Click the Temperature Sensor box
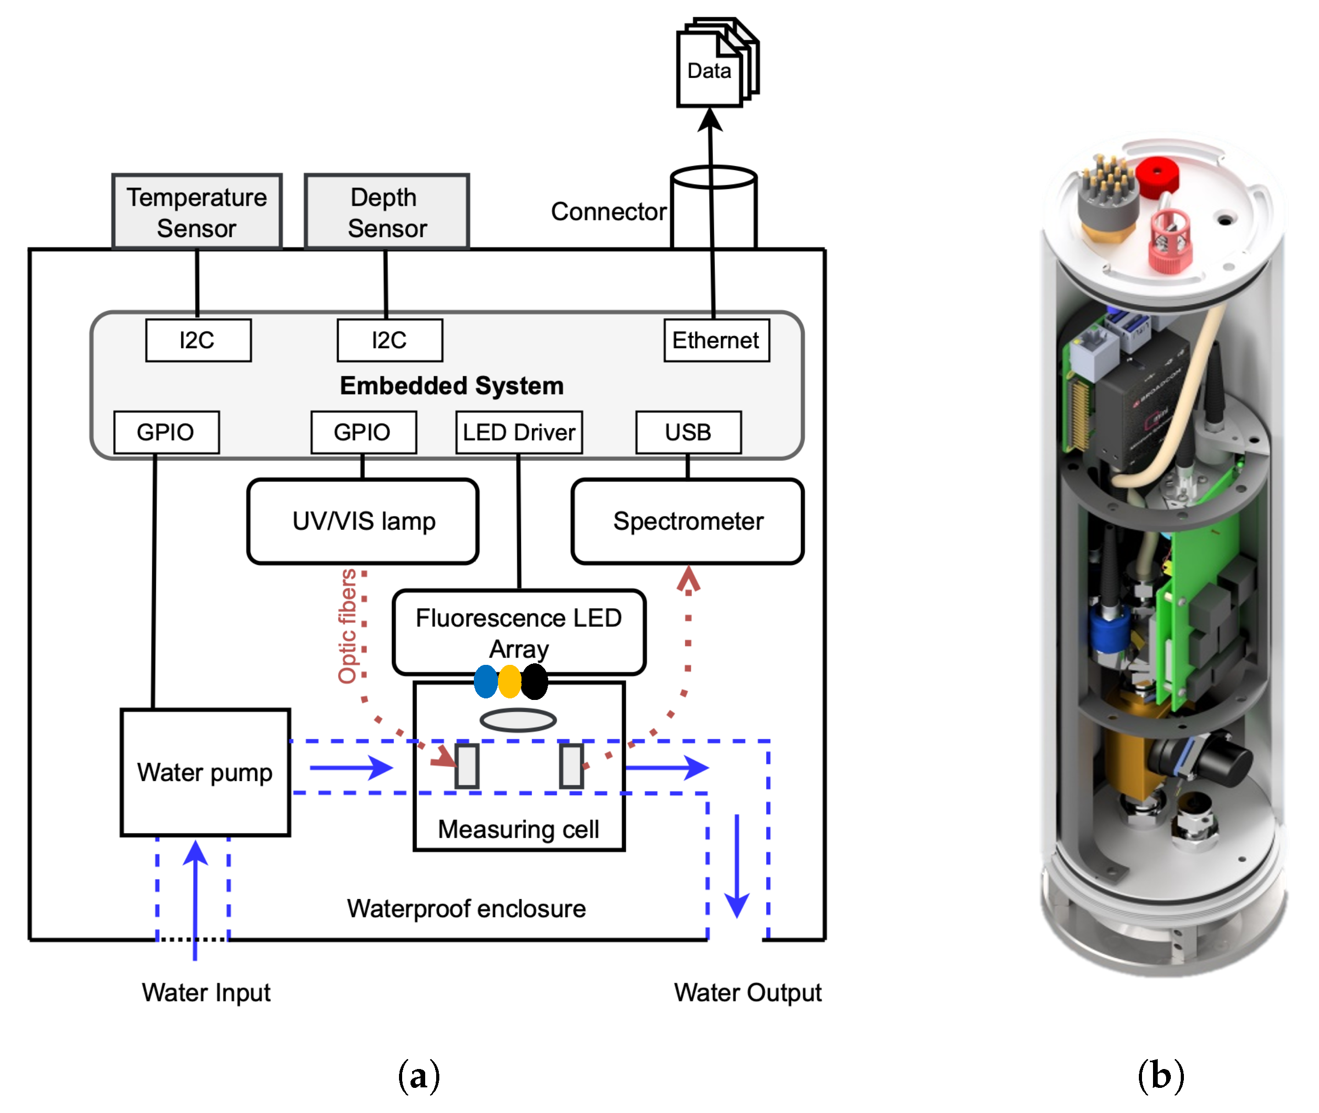pyautogui.click(x=196, y=212)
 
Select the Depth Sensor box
pyautogui.click(x=386, y=212)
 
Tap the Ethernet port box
pyautogui.click(x=716, y=340)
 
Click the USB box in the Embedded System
pyautogui.click(x=688, y=432)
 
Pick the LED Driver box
pyautogui.click(x=519, y=432)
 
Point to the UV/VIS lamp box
pyautogui.click(x=363, y=521)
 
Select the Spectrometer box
pyautogui.click(x=688, y=521)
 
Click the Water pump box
pyautogui.click(x=205, y=772)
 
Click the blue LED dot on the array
pyautogui.click(x=486, y=682)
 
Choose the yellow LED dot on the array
pyautogui.click(x=509, y=682)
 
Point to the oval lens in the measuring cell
pyautogui.click(x=518, y=720)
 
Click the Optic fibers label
pyautogui.click(x=348, y=626)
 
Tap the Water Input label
pyautogui.click(x=206, y=993)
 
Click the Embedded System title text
pyautogui.click(x=452, y=385)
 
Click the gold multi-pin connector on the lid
pyautogui.click(x=1107, y=196)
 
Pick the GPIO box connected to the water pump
pyautogui.click(x=166, y=432)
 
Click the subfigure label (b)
pyautogui.click(x=1160, y=1074)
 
